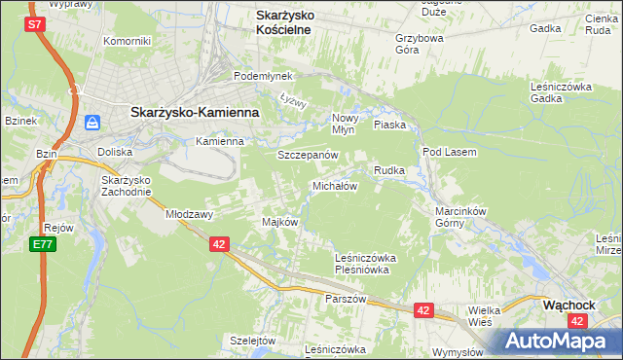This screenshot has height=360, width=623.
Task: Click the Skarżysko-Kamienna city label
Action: click(195, 112)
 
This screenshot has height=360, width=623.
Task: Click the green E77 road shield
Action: click(41, 244)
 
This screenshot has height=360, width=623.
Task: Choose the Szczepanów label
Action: click(308, 155)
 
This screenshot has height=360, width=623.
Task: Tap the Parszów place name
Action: click(346, 299)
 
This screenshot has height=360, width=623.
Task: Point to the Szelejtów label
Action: click(253, 340)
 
